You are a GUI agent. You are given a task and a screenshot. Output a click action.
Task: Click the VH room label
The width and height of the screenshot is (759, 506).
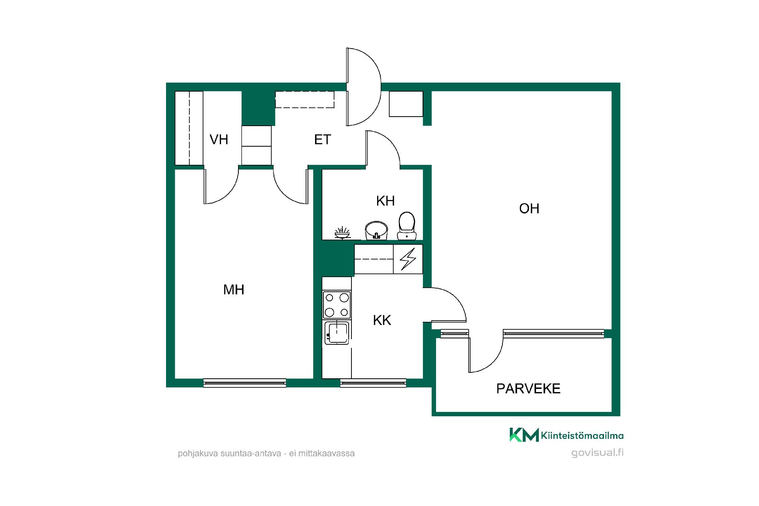[219, 140]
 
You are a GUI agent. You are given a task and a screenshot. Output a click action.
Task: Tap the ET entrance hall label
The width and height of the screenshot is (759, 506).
[322, 140]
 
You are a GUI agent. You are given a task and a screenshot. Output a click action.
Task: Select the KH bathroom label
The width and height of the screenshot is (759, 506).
[385, 201]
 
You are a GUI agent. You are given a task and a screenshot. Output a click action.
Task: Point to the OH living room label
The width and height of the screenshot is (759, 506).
[529, 208]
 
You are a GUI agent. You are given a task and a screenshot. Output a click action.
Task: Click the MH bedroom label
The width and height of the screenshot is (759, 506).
[234, 290]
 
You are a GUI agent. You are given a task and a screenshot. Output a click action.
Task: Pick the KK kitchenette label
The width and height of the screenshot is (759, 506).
[382, 320]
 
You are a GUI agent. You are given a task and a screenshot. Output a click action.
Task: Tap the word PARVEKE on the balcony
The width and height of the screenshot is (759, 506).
[528, 389]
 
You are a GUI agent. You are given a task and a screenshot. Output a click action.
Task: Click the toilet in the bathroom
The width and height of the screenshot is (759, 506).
[407, 226]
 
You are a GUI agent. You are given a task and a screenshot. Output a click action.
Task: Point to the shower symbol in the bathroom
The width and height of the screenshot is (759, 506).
[342, 233]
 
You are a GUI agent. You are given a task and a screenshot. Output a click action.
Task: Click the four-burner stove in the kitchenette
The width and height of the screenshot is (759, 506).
[337, 305]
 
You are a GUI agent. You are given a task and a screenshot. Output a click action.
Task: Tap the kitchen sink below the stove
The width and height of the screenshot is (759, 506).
[337, 332]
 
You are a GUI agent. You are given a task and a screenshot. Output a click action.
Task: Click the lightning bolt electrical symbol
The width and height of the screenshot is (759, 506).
[408, 259]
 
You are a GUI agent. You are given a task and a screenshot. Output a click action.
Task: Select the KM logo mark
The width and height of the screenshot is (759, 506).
[524, 434]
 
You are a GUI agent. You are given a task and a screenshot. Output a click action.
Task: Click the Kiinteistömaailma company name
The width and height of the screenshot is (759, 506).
[582, 436]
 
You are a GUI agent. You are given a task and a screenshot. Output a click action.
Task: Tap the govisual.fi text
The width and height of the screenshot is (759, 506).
[597, 453]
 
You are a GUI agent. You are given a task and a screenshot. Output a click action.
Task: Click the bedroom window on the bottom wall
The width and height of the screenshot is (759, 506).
[245, 383]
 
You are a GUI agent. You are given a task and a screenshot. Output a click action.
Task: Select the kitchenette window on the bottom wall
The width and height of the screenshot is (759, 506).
[373, 383]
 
